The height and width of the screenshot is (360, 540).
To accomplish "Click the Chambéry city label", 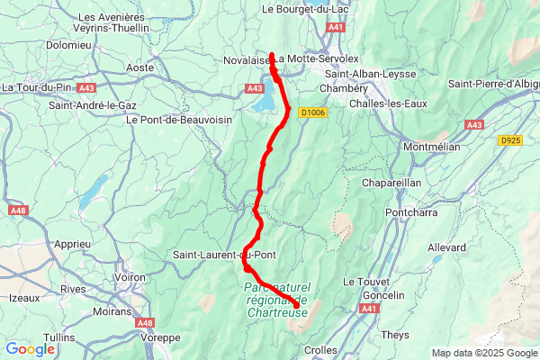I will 346,89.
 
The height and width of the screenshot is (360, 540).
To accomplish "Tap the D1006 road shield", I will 311,112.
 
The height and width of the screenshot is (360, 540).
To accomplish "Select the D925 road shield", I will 509,140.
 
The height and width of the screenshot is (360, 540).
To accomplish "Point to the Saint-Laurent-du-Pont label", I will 224,255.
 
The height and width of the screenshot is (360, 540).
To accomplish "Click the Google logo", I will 30,348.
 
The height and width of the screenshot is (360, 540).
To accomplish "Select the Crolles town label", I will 321,349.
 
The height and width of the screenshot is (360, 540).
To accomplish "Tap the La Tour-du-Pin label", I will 36,87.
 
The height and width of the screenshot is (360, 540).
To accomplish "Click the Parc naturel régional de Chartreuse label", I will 275,300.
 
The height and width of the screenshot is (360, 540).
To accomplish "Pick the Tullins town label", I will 59,337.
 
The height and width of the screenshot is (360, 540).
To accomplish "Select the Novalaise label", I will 247,61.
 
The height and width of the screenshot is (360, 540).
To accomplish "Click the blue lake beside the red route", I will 265,101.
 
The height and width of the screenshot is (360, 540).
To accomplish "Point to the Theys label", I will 395,334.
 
